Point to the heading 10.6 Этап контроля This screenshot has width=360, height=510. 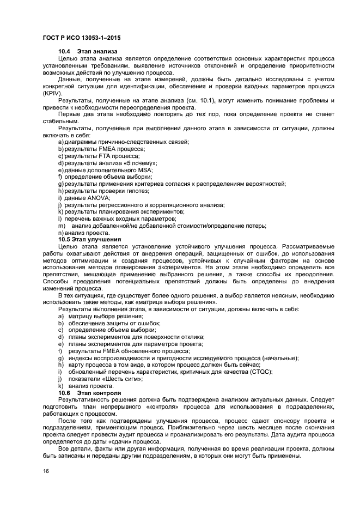[87, 393]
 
